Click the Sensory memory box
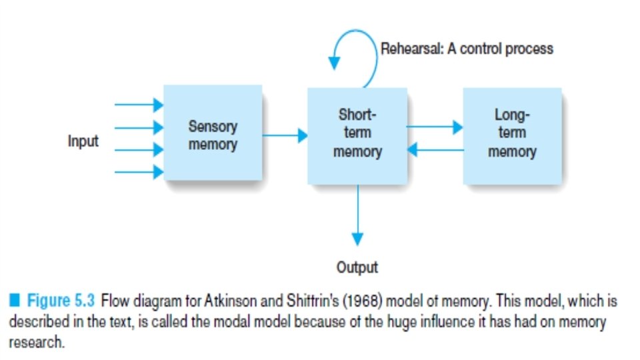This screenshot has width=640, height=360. tap(212, 134)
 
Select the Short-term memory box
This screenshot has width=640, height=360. tap(357, 134)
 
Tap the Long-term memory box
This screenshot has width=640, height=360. tap(512, 134)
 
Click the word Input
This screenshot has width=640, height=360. tap(83, 141)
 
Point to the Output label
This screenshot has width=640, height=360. tap(357, 268)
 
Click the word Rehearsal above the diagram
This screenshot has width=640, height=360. tap(407, 49)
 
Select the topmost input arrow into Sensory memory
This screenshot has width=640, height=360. tap(139, 105)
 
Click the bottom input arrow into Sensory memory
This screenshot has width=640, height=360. tap(139, 172)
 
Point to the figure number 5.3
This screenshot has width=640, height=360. tap(85, 301)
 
